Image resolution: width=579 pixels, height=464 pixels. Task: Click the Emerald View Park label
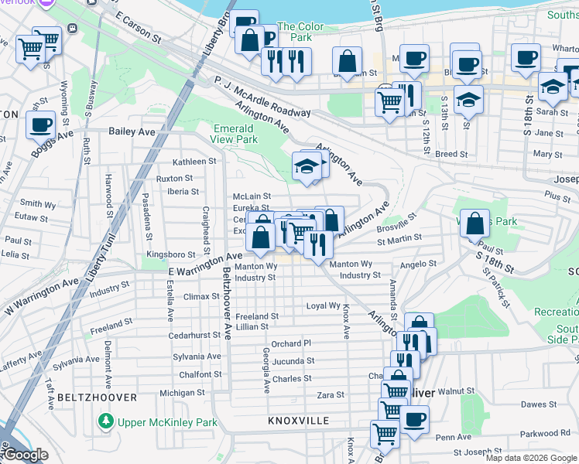coord(233,134)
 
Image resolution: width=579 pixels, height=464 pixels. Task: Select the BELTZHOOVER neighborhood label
coord(97,397)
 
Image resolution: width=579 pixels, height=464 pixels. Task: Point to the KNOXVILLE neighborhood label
coord(299,421)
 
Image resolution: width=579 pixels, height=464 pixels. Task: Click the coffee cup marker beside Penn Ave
coord(414,419)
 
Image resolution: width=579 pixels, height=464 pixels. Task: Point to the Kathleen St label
coord(194,162)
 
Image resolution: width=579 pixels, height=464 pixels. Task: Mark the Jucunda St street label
coord(293,361)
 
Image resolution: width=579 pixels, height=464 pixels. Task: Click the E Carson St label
coord(137,26)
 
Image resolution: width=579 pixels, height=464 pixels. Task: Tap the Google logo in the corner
coord(25,455)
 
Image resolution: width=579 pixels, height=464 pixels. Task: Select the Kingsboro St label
coord(172,254)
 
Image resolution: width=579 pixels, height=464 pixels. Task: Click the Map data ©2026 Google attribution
coord(531,458)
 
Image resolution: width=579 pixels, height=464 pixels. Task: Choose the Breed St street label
coord(451,154)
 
